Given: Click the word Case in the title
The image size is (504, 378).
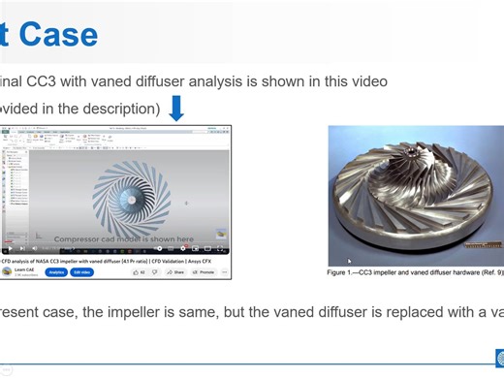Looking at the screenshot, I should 58,35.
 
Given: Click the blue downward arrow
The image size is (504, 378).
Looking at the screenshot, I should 176,108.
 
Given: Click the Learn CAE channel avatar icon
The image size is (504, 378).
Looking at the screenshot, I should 7,272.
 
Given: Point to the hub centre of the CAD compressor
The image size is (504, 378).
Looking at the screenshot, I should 129,199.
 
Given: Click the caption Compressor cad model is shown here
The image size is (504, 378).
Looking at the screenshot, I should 123,238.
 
